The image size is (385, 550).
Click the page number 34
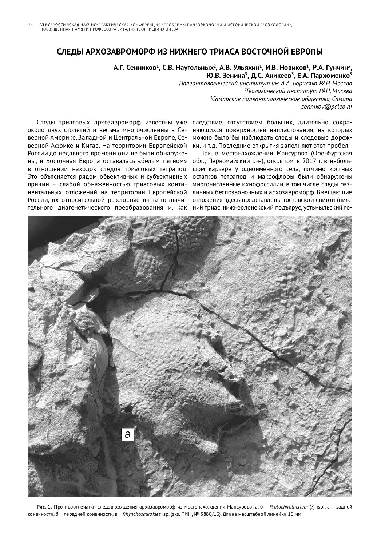(30, 25)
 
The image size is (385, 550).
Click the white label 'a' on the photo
(127, 434)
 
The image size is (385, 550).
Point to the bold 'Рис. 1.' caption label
(44, 507)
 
